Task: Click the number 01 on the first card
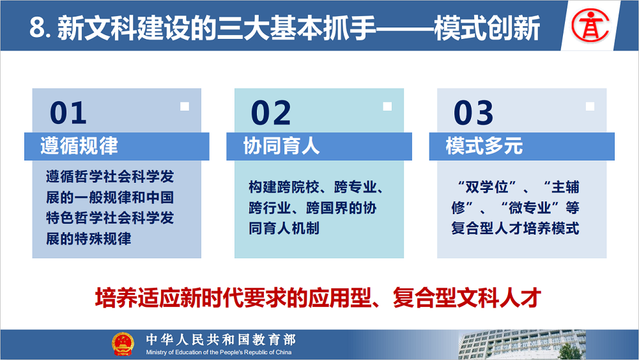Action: pos(68,113)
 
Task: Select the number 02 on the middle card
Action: pos(271,113)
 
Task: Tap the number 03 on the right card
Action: pos(473,113)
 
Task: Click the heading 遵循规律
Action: pos(79,146)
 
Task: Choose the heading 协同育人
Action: pos(281,146)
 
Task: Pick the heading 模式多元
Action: pos(484,146)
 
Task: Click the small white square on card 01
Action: pos(185,106)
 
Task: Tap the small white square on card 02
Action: pos(387,106)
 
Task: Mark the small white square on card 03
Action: pos(590,106)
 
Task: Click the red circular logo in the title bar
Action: pos(590,26)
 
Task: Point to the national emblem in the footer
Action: pos(123,343)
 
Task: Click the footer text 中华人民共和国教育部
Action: pos(221,340)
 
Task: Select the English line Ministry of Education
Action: pos(219,352)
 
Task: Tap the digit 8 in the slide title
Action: pos(36,27)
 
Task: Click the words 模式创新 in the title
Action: pos(488,27)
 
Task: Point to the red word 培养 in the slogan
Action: pos(116,297)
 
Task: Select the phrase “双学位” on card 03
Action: pos(486,187)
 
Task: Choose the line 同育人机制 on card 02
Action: pos(284,228)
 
